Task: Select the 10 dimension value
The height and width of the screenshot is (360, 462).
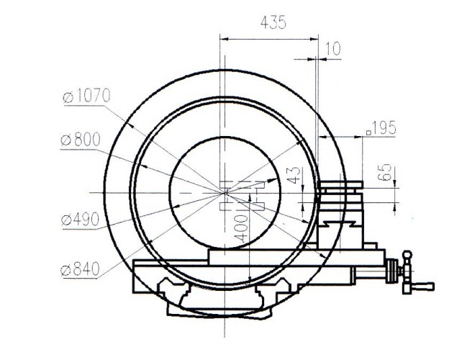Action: tap(332, 49)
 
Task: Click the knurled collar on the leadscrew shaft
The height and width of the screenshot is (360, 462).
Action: tap(393, 272)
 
